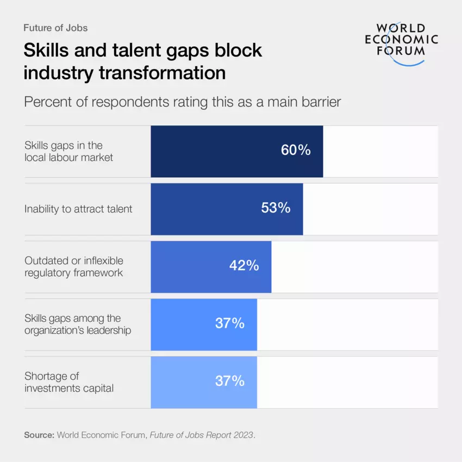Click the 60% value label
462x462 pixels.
point(296,151)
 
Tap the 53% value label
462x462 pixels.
point(276,208)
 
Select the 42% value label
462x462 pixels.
point(244,266)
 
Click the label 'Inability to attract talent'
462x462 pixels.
point(78,209)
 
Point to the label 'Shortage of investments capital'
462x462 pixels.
point(69,382)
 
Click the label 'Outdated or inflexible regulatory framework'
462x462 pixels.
point(74,266)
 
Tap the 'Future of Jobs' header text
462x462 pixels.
point(55,28)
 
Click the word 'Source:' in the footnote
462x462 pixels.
point(39,435)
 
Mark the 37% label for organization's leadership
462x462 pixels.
point(229,323)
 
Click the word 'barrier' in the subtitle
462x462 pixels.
point(320,102)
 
